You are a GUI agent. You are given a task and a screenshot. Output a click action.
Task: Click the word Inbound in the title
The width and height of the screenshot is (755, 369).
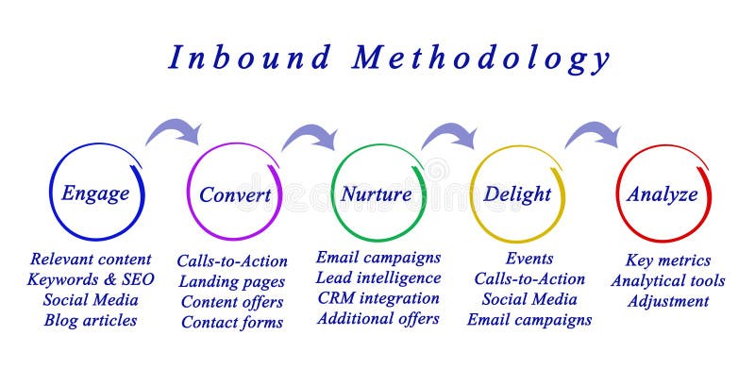tap(250, 58)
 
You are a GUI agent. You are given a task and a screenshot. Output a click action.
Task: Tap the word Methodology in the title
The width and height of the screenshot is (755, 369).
tap(481, 59)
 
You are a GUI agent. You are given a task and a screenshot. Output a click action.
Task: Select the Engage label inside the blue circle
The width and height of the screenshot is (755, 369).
tap(95, 194)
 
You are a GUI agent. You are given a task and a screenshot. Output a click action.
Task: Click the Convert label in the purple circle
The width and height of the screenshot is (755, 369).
tap(235, 195)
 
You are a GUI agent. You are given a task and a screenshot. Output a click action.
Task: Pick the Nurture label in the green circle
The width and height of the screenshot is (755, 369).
tap(376, 194)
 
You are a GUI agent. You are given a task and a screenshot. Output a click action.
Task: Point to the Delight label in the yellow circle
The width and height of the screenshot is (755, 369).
tap(516, 194)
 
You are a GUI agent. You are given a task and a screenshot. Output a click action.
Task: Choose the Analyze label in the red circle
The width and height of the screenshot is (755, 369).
tap(663, 194)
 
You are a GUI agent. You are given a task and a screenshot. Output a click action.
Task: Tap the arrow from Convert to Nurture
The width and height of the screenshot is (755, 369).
tap(310, 138)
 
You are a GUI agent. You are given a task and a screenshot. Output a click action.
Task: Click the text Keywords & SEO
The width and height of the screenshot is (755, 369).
tap(91, 279)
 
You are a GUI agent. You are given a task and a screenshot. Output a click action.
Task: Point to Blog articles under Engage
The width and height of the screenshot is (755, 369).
tap(91, 320)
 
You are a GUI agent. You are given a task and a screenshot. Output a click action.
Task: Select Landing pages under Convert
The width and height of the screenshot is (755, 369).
tap(231, 281)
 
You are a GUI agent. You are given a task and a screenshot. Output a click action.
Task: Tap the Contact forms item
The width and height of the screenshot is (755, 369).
tap(232, 322)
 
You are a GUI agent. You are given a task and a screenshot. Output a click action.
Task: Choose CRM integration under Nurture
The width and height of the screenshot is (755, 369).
tap(377, 298)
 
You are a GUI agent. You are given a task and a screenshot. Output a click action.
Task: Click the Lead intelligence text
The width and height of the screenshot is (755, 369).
tap(377, 277)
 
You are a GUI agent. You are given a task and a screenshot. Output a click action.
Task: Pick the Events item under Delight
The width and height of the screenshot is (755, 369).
tap(529, 259)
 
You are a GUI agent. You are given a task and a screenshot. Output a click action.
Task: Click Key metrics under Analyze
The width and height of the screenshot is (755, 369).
tap(668, 260)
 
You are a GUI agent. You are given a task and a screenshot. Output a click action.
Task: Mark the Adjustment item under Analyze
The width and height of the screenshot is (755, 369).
tap(668, 301)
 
